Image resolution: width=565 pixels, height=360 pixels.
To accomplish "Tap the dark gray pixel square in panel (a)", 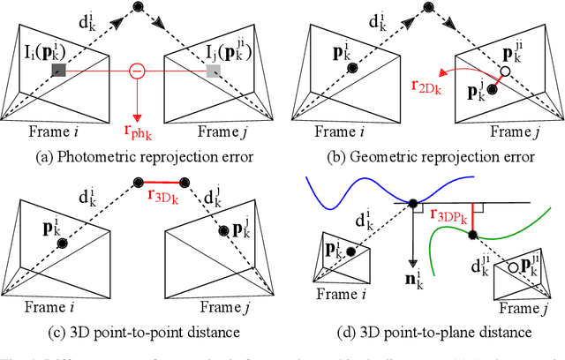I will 58,71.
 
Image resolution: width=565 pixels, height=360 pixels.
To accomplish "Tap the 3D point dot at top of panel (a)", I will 137,8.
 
